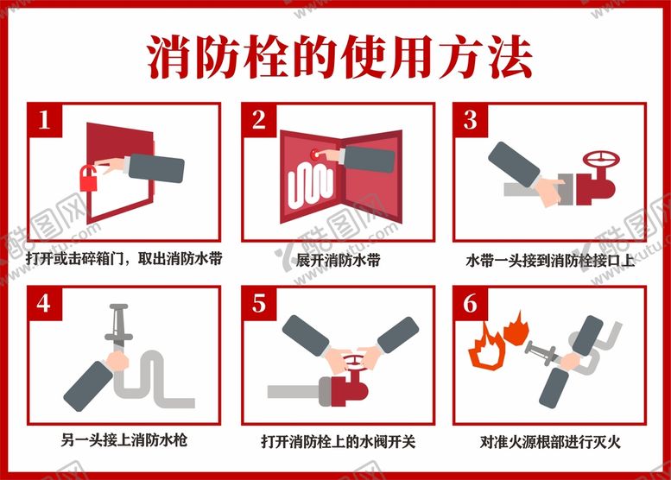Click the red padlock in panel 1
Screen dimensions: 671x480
(89, 178)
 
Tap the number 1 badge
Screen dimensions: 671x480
(45, 120)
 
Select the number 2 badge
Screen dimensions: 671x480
(259, 120)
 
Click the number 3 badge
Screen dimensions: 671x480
(471, 120)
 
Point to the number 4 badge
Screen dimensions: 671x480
(45, 304)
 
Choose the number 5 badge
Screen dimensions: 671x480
(259, 304)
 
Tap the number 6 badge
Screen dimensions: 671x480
(471, 304)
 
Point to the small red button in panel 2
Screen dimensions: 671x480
(315, 153)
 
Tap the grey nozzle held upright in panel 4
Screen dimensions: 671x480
(118, 326)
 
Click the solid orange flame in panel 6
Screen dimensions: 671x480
(516, 329)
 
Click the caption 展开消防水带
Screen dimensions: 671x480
(338, 260)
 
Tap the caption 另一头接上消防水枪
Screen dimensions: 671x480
(124, 439)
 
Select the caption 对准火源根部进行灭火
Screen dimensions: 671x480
(550, 442)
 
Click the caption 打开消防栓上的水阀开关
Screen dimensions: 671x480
(338, 442)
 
